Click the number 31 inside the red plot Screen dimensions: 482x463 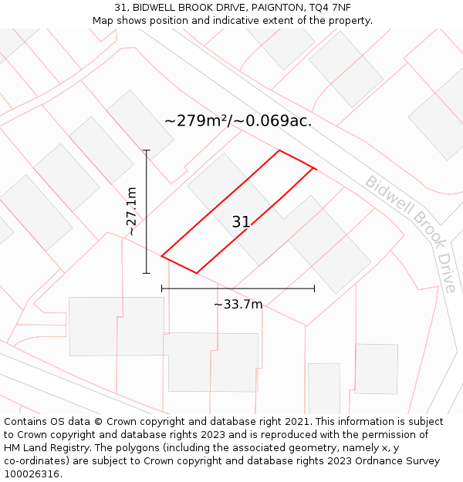pos(241,222)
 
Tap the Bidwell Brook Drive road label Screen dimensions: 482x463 pos(411,233)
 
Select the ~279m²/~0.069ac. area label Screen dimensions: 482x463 pos(238,121)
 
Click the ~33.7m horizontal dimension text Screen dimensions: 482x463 pos(238,304)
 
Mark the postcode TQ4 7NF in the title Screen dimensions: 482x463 pos(333,7)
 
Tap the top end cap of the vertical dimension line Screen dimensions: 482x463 pos(147,150)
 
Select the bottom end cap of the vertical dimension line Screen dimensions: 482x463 pos(147,273)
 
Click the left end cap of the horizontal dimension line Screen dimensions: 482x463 pos(162,288)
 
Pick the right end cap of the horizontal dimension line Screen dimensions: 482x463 pos(314,288)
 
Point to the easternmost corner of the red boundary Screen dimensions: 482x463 pos(314,167)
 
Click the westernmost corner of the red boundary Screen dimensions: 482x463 pos(162,255)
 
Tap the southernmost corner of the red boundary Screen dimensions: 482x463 pos(197,273)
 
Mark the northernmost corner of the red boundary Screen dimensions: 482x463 pos(279,150)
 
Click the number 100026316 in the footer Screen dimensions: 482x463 pos(32,474)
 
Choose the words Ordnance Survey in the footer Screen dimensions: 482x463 pos(400,461)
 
